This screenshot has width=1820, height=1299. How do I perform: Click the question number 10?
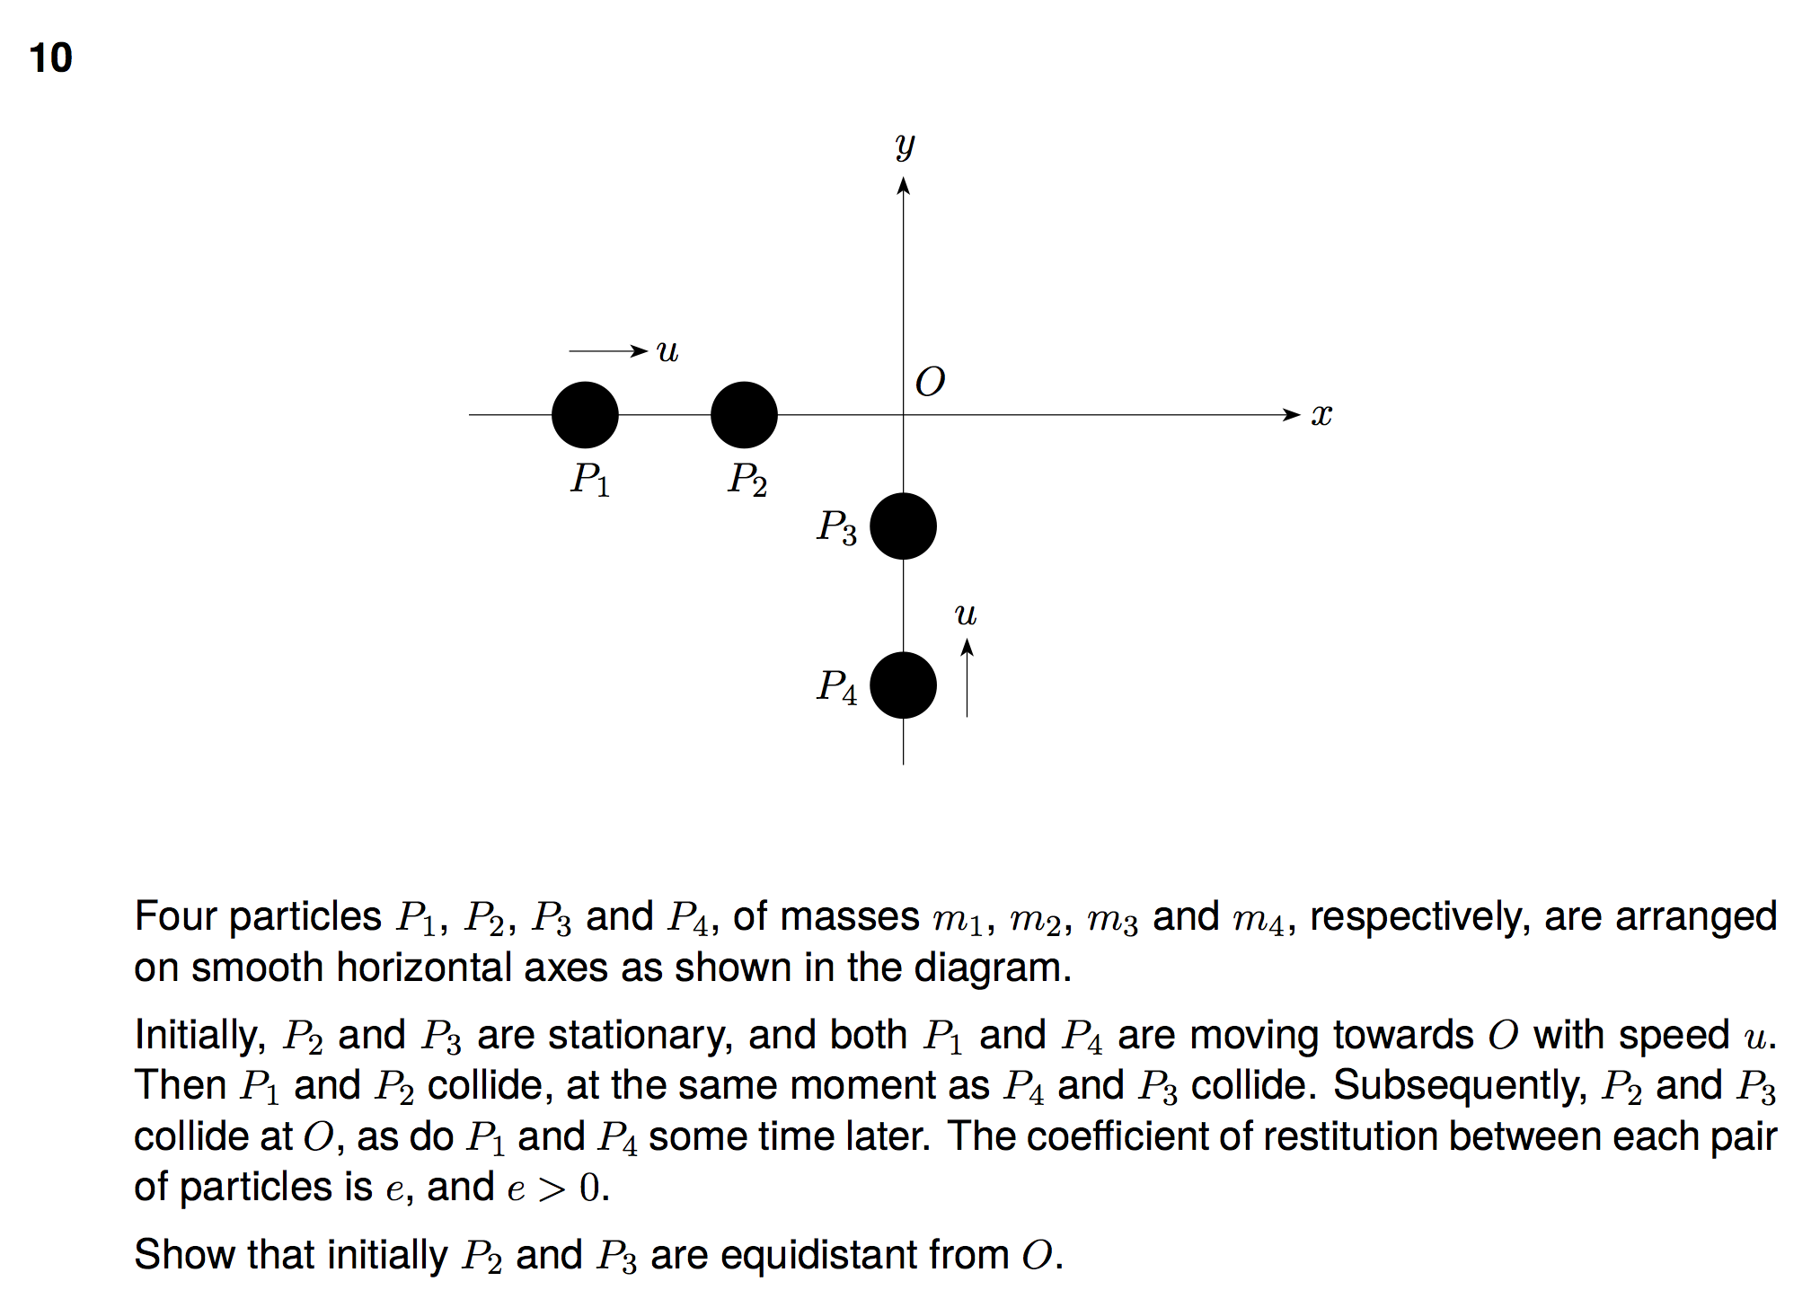tap(50, 58)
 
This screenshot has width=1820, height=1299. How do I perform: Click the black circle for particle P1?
tap(585, 415)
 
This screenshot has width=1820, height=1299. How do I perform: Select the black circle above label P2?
tap(744, 415)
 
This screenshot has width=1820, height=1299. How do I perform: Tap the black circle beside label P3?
tap(903, 526)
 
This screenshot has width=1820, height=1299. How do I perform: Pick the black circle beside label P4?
tap(903, 685)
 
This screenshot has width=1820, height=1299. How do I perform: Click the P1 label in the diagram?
tap(590, 479)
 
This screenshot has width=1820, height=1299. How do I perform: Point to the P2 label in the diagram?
tap(747, 479)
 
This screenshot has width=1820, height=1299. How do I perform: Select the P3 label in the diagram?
tap(836, 527)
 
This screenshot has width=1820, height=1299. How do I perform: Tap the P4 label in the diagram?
tap(836, 687)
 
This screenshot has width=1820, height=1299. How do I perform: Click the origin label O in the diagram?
tap(930, 383)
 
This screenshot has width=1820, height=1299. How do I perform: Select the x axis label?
tap(1321, 415)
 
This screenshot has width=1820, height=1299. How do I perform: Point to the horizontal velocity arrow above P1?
tap(607, 350)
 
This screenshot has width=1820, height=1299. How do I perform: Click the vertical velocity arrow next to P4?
tap(967, 678)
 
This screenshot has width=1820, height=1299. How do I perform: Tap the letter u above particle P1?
tap(667, 350)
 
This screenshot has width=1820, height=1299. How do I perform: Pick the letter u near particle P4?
tap(966, 614)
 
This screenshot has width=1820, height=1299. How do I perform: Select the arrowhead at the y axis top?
tap(904, 186)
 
